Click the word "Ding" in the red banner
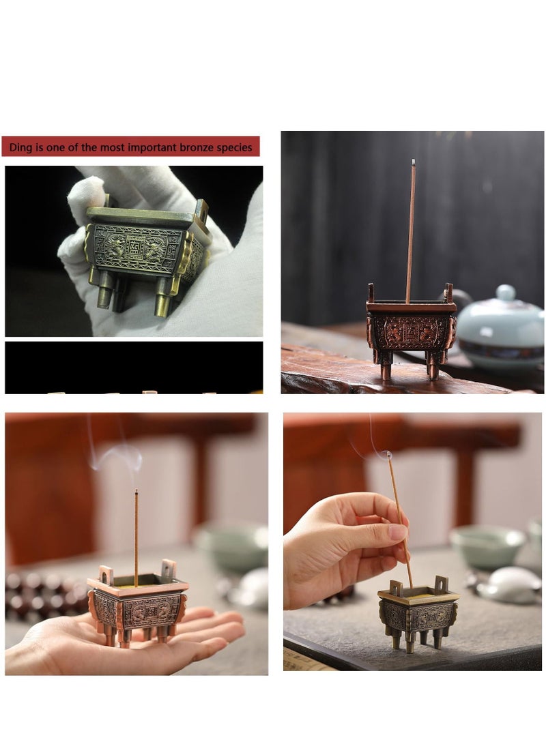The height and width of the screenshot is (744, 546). point(20,147)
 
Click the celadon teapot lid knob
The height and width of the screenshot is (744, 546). point(506,293)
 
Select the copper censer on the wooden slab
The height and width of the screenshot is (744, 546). point(411,331)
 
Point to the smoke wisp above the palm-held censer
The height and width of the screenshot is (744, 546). point(116,453)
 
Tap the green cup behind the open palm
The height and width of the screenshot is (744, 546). point(232,546)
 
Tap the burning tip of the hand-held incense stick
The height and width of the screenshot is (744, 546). point(387,455)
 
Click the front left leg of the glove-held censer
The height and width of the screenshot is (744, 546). point(104,297)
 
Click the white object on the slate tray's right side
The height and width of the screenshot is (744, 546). point(508,585)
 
